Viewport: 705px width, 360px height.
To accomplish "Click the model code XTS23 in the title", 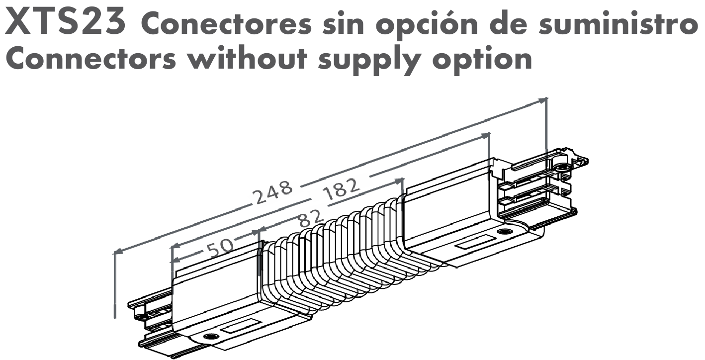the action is coord(65,21).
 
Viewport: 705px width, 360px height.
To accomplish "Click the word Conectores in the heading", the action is coord(226,24).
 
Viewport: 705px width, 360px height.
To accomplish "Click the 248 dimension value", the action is coord(273,192).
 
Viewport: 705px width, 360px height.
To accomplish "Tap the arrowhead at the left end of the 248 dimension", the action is coord(118,251).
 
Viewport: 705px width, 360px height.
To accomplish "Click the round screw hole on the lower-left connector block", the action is coord(209,337).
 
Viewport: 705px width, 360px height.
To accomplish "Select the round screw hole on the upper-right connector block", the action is coord(505,232).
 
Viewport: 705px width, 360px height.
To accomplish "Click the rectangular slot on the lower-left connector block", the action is coord(241,326).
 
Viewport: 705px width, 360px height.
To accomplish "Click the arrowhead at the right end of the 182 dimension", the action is coord(485,136).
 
